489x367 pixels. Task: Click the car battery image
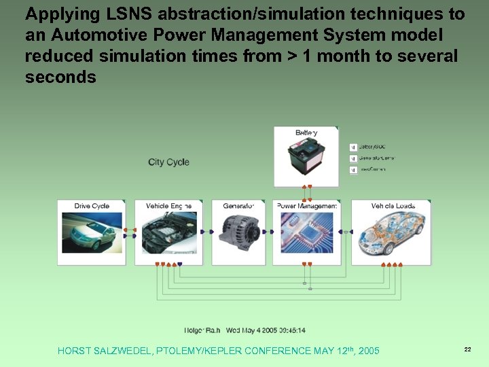(306, 160)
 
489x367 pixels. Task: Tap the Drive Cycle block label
(92, 206)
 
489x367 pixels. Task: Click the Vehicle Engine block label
(168, 206)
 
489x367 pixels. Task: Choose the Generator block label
(238, 206)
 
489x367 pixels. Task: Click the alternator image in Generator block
(238, 234)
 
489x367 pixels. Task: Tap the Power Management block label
(308, 206)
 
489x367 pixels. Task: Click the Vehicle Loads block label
(393, 206)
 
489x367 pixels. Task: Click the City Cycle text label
(168, 162)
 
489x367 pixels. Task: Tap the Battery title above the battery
(306, 133)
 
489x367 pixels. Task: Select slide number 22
(467, 349)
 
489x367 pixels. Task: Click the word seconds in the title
(60, 77)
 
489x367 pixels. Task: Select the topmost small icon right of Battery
(353, 147)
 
